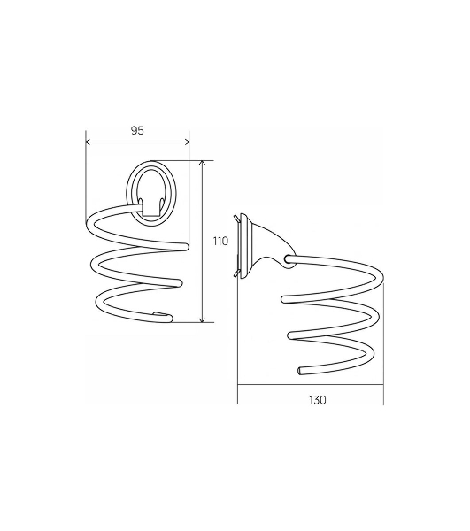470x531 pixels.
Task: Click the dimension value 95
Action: pyautogui.click(x=137, y=130)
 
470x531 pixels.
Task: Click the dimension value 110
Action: pyautogui.click(x=220, y=241)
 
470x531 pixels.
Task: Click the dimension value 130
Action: pyautogui.click(x=317, y=400)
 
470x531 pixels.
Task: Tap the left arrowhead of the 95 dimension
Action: pyautogui.click(x=89, y=142)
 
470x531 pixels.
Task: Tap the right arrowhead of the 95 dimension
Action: pyautogui.click(x=186, y=142)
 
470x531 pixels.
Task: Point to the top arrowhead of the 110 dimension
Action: pyautogui.click(x=203, y=164)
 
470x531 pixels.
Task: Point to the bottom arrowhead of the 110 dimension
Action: pyautogui.click(x=203, y=319)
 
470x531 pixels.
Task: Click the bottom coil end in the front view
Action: pyautogui.click(x=169, y=319)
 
